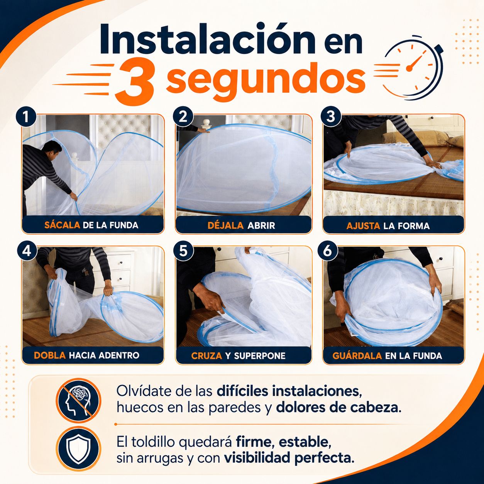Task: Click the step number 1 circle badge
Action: [x=26, y=117]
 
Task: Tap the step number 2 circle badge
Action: [x=183, y=117]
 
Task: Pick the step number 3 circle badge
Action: [x=330, y=117]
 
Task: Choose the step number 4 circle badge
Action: [x=27, y=250]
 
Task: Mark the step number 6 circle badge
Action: [x=327, y=250]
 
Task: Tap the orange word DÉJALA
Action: [x=225, y=225]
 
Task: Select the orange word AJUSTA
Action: [x=363, y=226]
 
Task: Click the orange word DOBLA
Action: [x=50, y=355]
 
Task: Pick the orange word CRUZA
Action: [x=206, y=355]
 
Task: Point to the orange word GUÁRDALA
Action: [x=357, y=355]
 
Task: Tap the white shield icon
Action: [x=79, y=448]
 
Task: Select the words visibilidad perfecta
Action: [x=289, y=458]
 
